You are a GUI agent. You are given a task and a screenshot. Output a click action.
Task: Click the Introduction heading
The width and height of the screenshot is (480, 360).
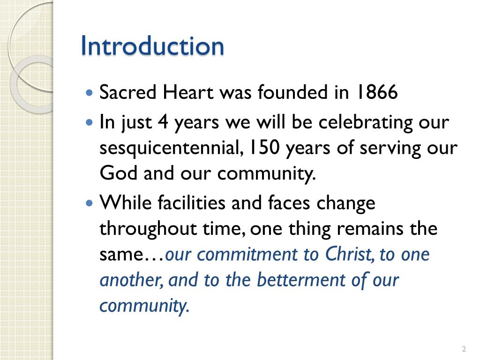pos(152,46)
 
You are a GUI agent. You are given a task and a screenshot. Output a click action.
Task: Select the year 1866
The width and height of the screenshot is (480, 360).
pos(375,92)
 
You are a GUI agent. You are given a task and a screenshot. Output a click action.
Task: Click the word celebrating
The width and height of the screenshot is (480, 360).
pos(366,123)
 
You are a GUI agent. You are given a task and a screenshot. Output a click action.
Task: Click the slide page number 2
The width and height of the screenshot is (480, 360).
pos(464,349)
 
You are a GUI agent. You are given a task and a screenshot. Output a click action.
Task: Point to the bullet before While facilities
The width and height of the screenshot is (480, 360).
pos(90,204)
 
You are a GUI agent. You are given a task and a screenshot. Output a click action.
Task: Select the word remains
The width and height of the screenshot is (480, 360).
pos(367,229)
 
